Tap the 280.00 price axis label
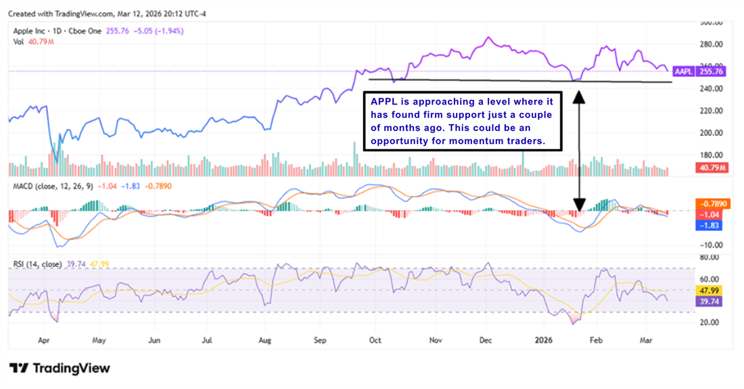point(710,45)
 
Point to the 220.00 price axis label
point(710,111)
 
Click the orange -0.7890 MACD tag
point(713,203)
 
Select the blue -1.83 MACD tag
point(713,226)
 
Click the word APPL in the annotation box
point(383,101)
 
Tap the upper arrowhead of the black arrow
point(579,97)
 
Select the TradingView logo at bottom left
point(60,368)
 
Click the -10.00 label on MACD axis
point(710,245)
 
